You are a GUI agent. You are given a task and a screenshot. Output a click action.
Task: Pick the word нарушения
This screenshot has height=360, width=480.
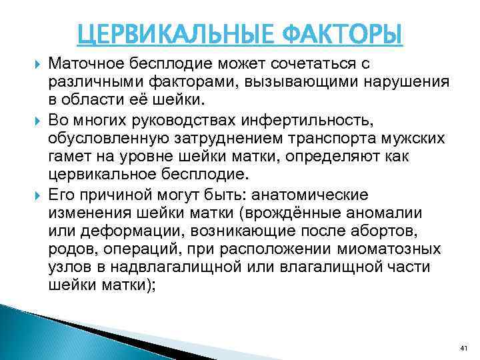coord(409,82)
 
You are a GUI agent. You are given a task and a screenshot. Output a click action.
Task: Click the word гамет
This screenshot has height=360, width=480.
coord(71,157)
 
